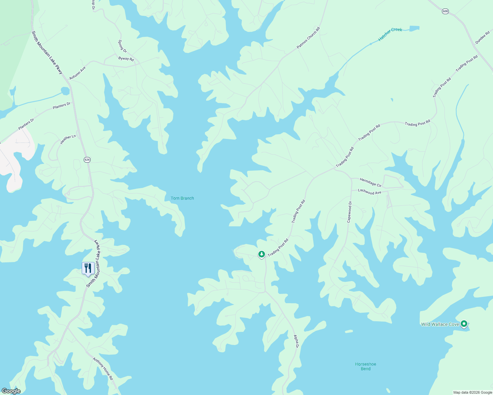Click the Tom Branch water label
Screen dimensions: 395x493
pyautogui.click(x=182, y=198)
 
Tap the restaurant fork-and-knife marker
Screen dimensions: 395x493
pyautogui.click(x=88, y=268)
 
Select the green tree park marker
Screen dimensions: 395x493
pyautogui.click(x=262, y=254)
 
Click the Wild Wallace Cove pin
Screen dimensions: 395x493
pyautogui.click(x=464, y=324)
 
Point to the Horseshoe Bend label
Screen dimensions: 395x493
pyautogui.click(x=365, y=366)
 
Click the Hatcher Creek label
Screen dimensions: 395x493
pyautogui.click(x=390, y=34)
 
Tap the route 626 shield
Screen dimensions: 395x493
pyautogui.click(x=87, y=160)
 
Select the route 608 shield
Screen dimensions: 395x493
pyautogui.click(x=445, y=12)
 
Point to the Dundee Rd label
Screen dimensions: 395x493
pyautogui.click(x=482, y=38)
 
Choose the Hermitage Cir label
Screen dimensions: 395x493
pyautogui.click(x=370, y=182)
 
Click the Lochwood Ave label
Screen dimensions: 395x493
pyautogui.click(x=369, y=192)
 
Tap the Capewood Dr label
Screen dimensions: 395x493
pyautogui.click(x=349, y=212)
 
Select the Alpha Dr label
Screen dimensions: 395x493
pyautogui.click(x=296, y=341)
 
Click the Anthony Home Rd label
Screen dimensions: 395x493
pyautogui.click(x=103, y=369)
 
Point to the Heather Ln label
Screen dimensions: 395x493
pyautogui.click(x=68, y=140)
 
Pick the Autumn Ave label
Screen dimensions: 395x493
pyautogui.click(x=77, y=73)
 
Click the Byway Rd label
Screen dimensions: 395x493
pyautogui.click(x=126, y=59)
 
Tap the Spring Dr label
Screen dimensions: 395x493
pyautogui.click(x=122, y=46)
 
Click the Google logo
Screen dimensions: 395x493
pyautogui.click(x=11, y=391)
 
